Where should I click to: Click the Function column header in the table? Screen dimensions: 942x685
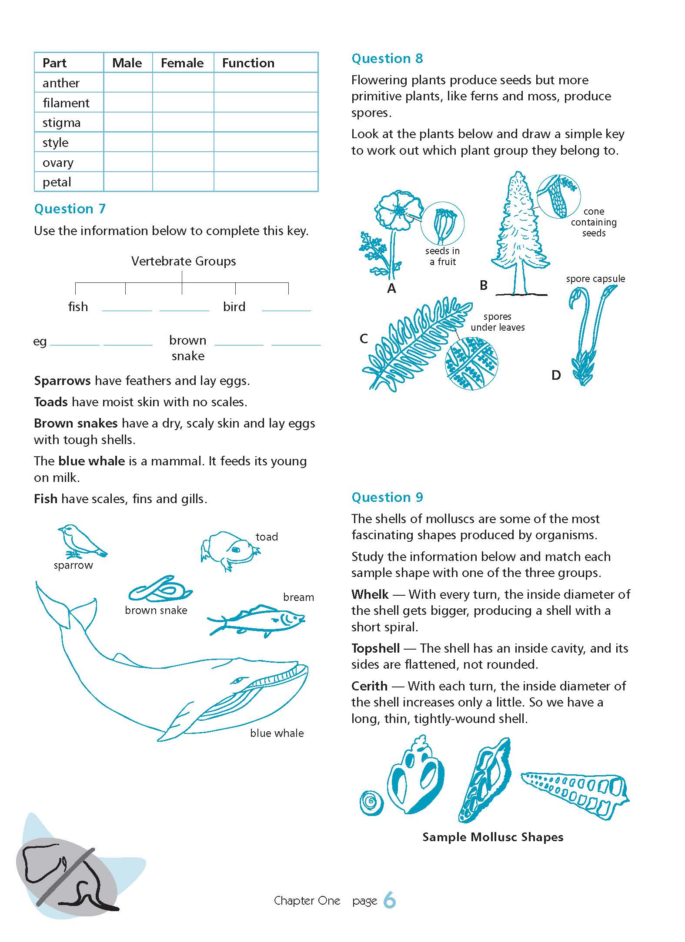pos(248,63)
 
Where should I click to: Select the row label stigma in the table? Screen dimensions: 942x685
pos(61,123)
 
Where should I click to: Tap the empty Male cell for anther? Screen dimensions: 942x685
pos(128,83)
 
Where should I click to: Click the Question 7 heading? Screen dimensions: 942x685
pos(70,209)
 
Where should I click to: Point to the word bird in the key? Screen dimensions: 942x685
pos(234,307)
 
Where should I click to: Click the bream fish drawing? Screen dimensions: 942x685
pos(257,619)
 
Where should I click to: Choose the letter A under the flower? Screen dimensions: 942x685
pos(391,288)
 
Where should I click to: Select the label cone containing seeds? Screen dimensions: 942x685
pos(594,222)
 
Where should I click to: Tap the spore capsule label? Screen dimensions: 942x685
pos(595,279)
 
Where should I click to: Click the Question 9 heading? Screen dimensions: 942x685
pos(387,497)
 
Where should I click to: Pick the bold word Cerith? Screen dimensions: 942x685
pos(369,686)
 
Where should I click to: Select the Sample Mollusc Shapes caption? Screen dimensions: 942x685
pos(492,837)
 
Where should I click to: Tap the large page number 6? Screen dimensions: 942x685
pos(390,900)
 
